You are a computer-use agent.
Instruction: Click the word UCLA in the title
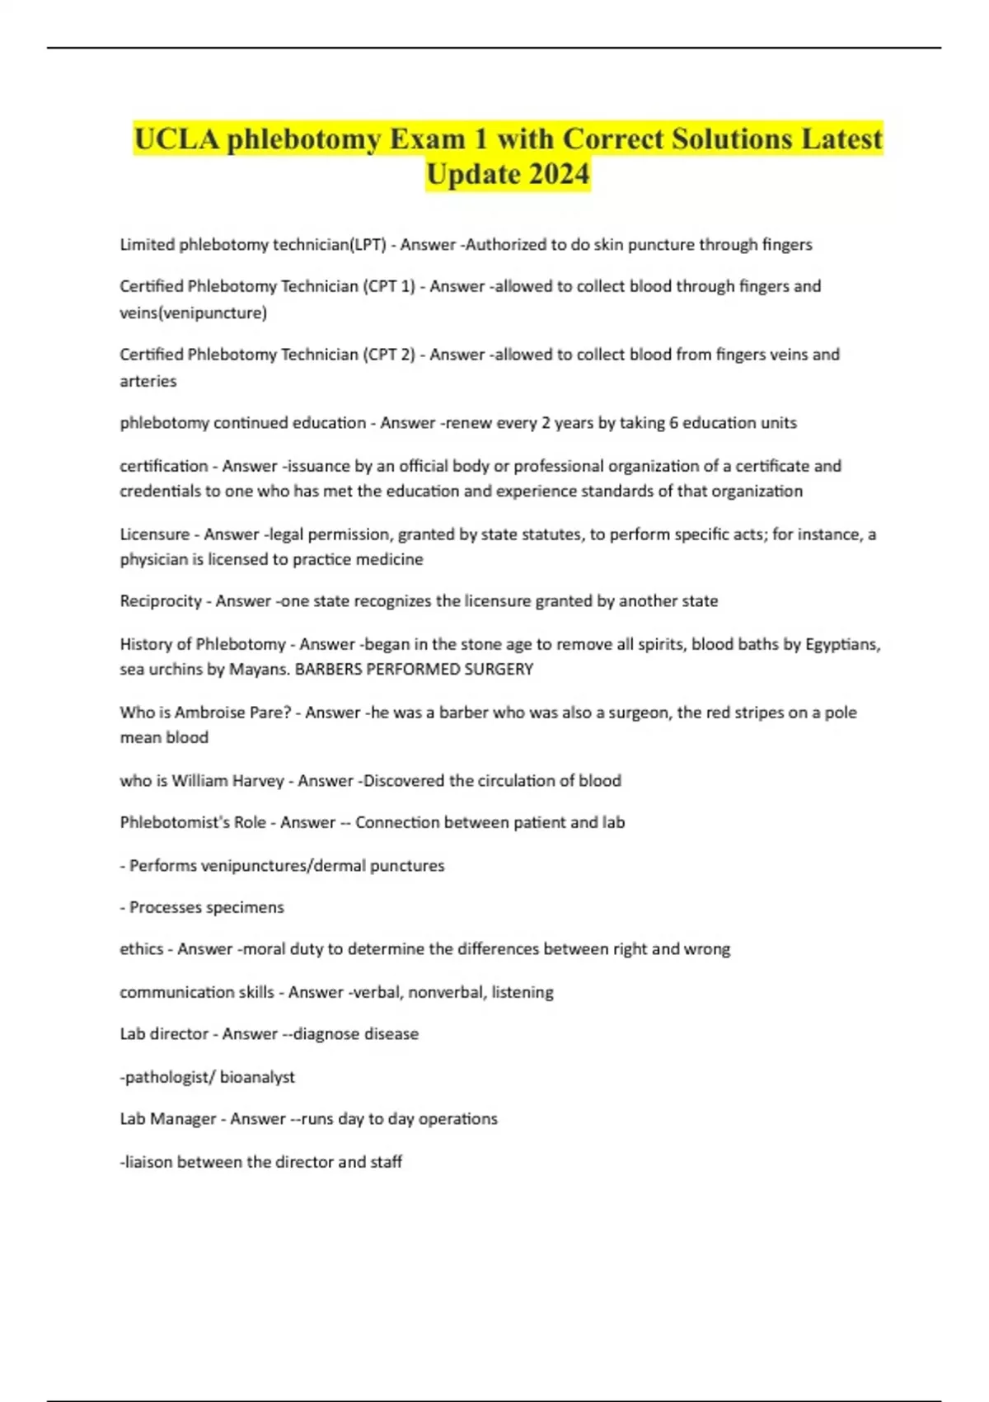coord(176,139)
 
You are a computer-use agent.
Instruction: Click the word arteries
coord(148,381)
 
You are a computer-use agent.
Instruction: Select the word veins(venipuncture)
coord(193,313)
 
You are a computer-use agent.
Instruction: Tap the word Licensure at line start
coord(155,534)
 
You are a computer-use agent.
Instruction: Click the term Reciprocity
coord(161,601)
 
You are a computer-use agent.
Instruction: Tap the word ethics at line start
coord(141,949)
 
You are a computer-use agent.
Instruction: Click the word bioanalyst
coord(256,1077)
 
